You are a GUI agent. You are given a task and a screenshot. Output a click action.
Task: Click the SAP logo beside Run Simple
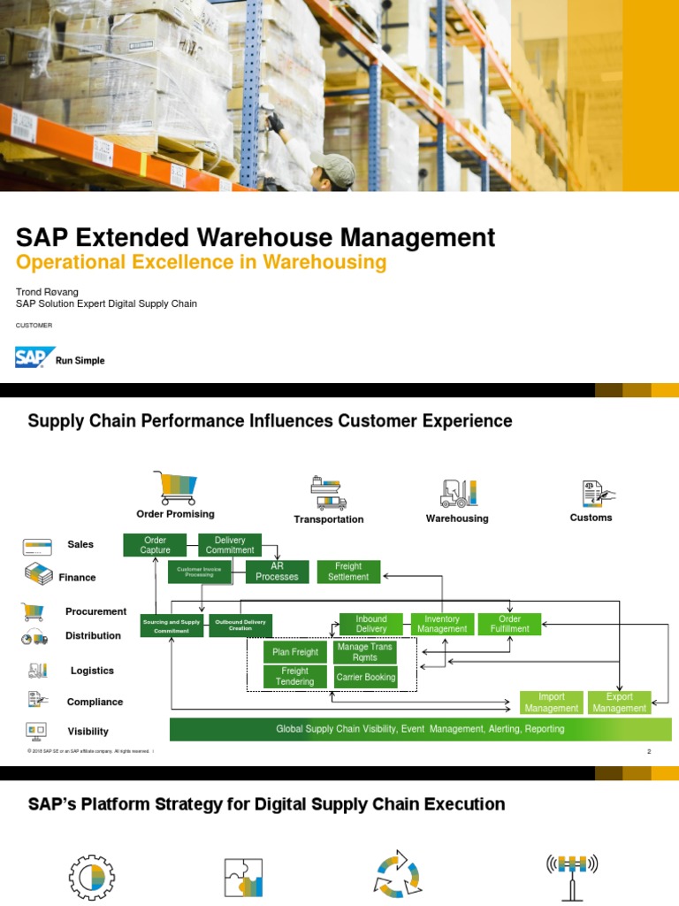click(x=35, y=358)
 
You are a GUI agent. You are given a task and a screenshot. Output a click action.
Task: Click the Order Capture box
click(x=155, y=545)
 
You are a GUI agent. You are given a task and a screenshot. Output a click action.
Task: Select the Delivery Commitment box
click(x=230, y=545)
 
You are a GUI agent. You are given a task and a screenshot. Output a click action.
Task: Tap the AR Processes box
click(x=277, y=572)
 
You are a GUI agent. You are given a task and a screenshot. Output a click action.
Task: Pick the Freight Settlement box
click(x=348, y=572)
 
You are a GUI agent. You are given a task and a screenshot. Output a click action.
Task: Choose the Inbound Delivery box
click(x=371, y=624)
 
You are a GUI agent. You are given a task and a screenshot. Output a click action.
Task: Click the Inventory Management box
click(x=442, y=624)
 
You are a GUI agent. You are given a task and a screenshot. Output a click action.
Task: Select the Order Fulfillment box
click(x=509, y=624)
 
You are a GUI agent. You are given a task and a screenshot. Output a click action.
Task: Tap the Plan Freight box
click(x=295, y=653)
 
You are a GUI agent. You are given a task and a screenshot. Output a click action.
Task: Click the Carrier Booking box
click(x=366, y=678)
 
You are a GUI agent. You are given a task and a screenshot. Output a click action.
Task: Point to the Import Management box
click(x=552, y=703)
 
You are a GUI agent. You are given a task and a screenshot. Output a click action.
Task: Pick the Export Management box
click(x=619, y=703)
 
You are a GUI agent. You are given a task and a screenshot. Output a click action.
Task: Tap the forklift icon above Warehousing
click(x=458, y=493)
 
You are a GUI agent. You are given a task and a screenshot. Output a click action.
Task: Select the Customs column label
click(x=591, y=518)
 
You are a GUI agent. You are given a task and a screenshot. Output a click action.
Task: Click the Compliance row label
click(x=95, y=702)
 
